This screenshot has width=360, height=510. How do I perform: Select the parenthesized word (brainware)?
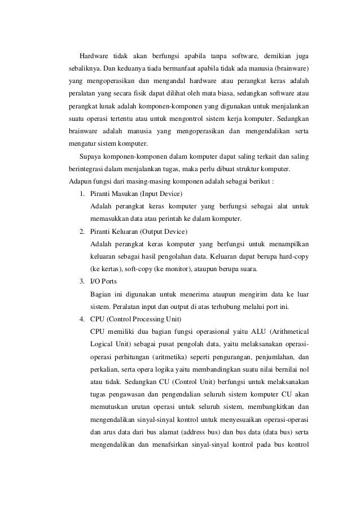288,68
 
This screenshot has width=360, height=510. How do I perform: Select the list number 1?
82,194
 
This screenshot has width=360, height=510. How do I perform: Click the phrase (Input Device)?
154,194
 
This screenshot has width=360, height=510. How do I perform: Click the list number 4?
82,318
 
